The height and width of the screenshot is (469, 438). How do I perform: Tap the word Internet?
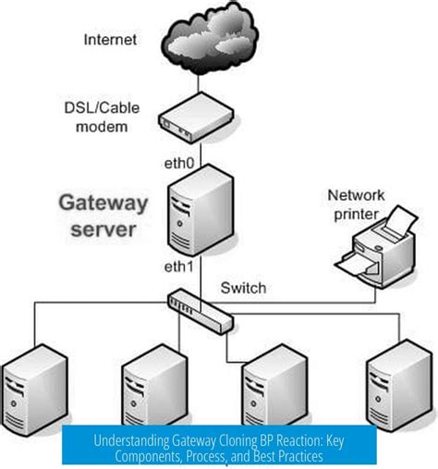(x=111, y=40)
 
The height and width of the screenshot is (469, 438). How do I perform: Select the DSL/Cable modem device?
(x=195, y=119)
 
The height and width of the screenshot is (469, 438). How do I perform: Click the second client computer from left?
(x=151, y=388)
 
